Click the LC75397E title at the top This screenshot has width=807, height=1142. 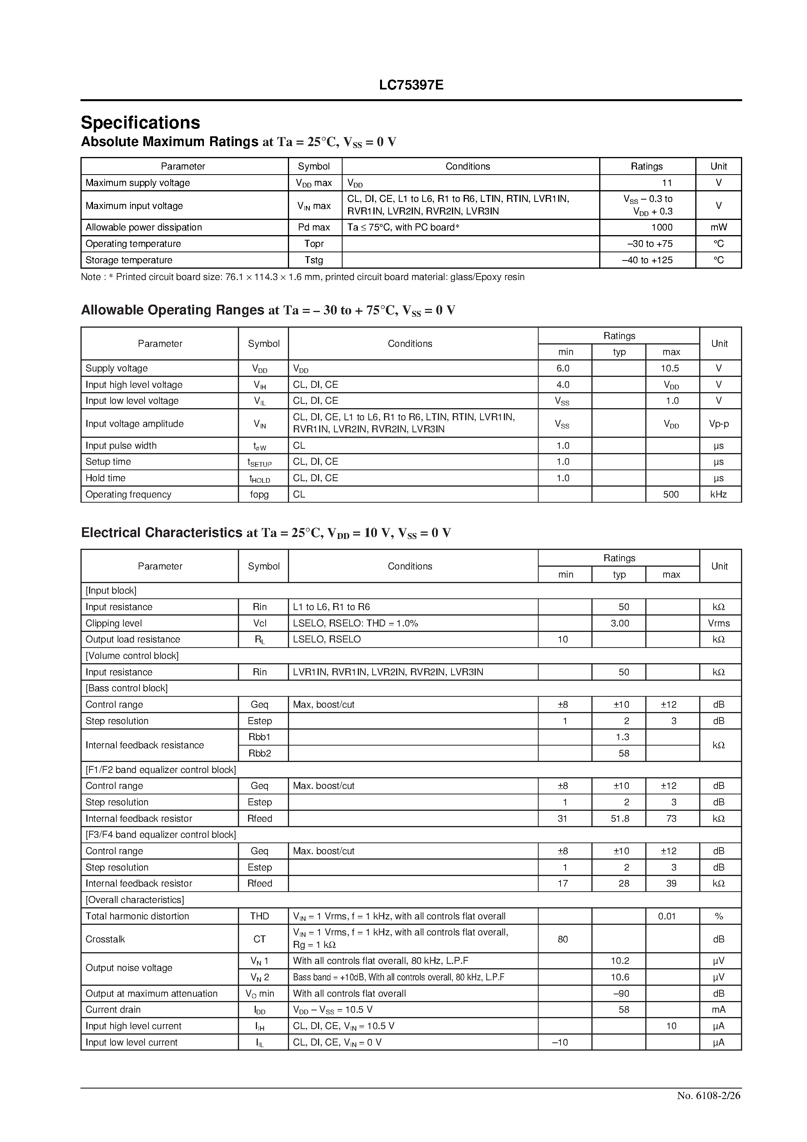[411, 85]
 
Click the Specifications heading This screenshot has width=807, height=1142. [140, 122]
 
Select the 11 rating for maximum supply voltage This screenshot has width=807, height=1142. [667, 182]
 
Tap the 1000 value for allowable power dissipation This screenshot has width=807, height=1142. [661, 227]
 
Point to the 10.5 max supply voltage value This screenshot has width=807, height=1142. [670, 368]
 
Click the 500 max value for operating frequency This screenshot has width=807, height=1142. [671, 494]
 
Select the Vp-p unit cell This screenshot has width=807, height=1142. [719, 424]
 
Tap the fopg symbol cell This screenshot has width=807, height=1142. [259, 494]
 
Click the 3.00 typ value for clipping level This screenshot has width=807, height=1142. [620, 623]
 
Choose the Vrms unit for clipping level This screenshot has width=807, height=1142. [719, 623]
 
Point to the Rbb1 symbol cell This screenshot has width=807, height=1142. [259, 737]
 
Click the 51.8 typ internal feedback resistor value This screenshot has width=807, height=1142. [620, 818]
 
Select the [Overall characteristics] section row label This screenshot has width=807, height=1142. [135, 900]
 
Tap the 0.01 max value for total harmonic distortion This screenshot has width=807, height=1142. [667, 916]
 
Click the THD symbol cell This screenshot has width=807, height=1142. [259, 916]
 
